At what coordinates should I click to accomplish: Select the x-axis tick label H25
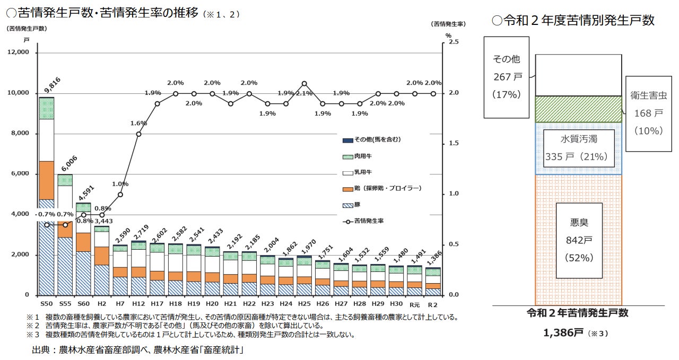(x=304, y=304)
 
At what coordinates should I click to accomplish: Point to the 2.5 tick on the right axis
(x=453, y=42)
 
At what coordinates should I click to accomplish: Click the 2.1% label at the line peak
(x=303, y=93)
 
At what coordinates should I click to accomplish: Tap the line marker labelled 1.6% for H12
(x=138, y=134)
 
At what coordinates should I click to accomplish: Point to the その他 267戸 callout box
(x=506, y=77)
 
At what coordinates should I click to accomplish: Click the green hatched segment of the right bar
(x=578, y=109)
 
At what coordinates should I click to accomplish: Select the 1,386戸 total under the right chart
(x=563, y=333)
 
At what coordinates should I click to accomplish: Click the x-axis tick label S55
(x=65, y=304)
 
